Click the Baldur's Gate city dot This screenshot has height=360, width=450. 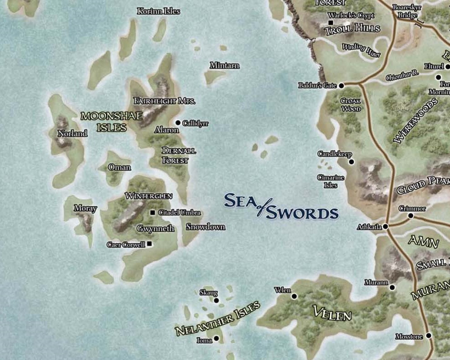pos(341,85)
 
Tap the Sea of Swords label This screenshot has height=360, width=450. pos(280,207)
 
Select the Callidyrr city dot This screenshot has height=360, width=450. pos(178,123)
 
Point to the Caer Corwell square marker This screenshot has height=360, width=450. pos(149,244)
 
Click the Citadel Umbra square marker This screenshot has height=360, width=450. pos(152,213)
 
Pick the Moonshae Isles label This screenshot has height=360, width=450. pos(104,122)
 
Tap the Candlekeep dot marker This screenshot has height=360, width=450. pos(351,162)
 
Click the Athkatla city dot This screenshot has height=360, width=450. pos(386,226)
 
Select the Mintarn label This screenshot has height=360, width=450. pos(224,66)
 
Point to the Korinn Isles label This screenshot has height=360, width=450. pos(158,11)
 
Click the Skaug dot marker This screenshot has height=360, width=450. pos(216,300)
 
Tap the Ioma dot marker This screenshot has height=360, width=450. pos(216,339)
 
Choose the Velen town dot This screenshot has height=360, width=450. pos(294,296)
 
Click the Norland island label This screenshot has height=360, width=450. pos(73,134)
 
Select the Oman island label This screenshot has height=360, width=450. pos(119,167)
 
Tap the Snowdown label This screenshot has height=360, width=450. pos(205,227)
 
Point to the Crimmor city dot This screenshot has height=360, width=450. pos(410,215)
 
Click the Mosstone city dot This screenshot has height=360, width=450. pos(429,336)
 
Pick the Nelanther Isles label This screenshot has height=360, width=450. pos(218,318)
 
